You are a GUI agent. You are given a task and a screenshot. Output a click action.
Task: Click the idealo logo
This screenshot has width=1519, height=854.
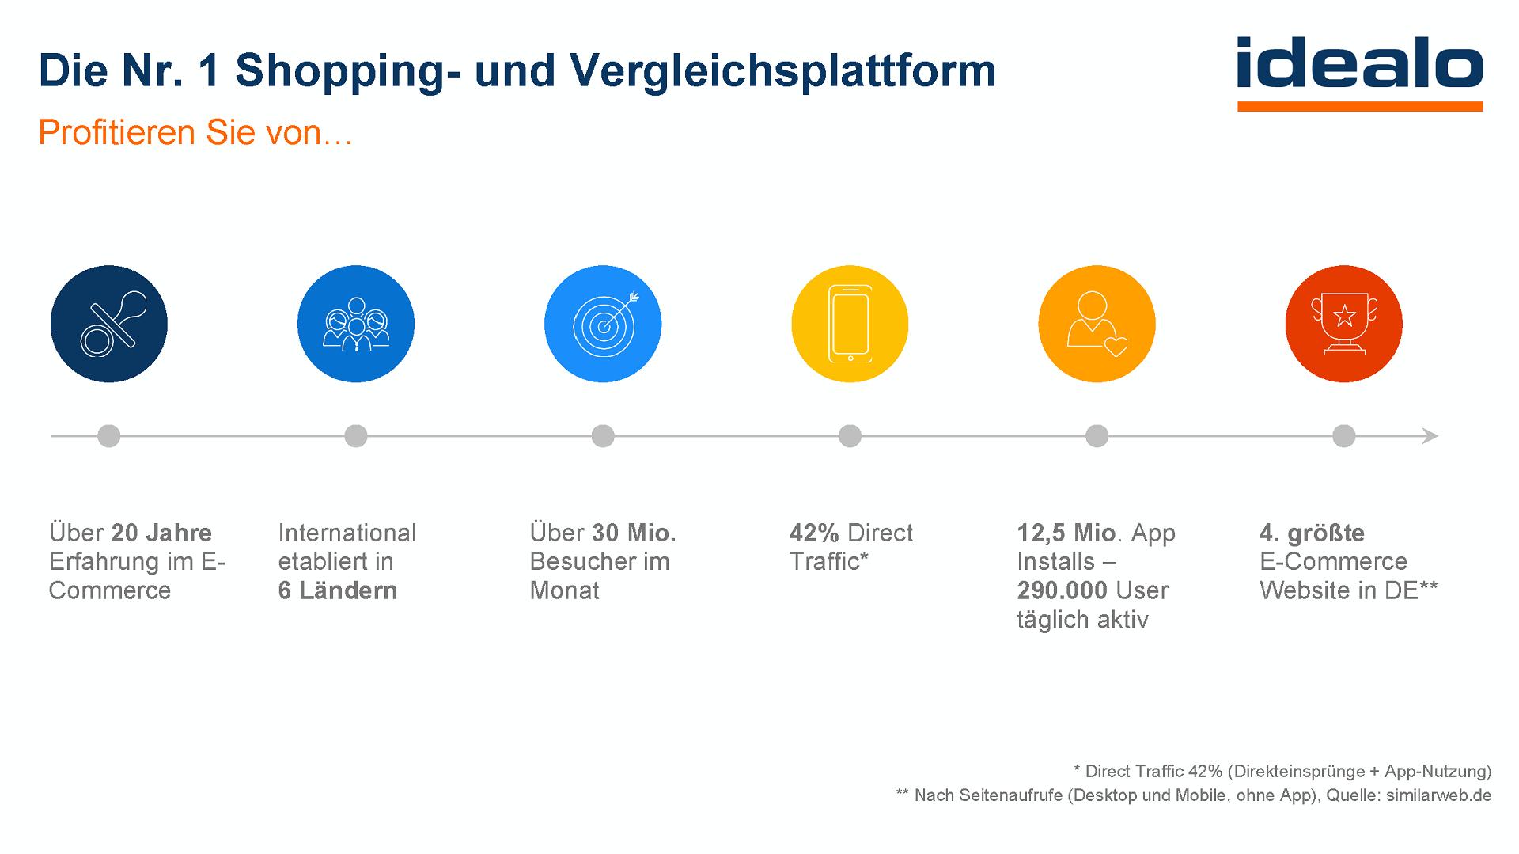tap(1359, 71)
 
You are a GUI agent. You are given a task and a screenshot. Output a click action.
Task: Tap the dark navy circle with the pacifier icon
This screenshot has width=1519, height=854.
tap(109, 324)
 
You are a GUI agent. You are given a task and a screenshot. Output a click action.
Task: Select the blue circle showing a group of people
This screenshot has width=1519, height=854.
tap(356, 324)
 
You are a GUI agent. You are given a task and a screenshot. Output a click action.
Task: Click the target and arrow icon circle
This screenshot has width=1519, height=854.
tap(603, 324)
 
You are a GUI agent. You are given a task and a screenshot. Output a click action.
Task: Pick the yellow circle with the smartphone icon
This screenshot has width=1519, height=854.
tap(850, 324)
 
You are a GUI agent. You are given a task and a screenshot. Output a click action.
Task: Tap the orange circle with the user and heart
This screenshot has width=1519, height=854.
tap(1097, 324)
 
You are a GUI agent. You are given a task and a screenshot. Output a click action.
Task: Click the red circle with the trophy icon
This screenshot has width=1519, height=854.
tap(1343, 324)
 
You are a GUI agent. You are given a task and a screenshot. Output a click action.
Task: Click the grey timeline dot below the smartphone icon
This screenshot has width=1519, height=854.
tap(850, 436)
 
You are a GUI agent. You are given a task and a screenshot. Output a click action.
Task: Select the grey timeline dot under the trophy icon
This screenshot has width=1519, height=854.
tap(1343, 436)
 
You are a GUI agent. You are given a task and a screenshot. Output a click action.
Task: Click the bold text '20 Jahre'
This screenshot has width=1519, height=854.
tap(161, 533)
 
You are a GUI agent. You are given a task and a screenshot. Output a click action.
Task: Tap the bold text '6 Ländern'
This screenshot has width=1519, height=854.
tap(337, 590)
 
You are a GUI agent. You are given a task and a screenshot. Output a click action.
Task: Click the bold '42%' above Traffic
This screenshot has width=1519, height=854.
tap(814, 533)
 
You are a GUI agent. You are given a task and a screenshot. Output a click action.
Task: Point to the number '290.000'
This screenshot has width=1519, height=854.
tap(1062, 590)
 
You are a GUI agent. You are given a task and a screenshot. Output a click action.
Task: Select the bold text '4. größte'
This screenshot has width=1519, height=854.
tap(1312, 533)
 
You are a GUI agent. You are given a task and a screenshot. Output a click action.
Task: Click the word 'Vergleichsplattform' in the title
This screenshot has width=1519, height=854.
tap(782, 71)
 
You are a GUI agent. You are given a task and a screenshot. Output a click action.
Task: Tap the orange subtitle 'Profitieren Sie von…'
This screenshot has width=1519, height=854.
tap(195, 132)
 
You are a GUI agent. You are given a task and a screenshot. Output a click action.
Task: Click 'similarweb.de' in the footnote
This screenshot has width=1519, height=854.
tap(1438, 795)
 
